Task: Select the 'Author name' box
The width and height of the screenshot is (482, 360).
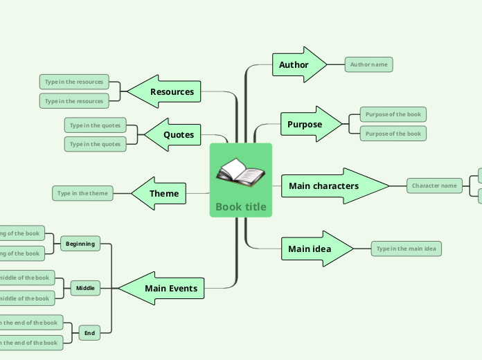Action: (x=368, y=64)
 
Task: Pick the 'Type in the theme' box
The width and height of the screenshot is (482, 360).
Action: (x=82, y=193)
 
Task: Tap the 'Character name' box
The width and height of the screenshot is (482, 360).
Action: (x=434, y=186)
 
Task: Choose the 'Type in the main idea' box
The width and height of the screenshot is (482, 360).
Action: (x=406, y=249)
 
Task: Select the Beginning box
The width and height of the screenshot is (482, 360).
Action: (x=80, y=244)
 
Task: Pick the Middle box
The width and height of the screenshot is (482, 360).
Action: (x=85, y=287)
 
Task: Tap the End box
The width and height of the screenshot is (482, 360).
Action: (x=89, y=334)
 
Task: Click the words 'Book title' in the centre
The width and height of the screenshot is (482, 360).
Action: (x=240, y=206)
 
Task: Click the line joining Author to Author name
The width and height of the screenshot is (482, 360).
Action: (x=336, y=64)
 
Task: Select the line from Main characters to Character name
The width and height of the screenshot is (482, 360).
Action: (x=398, y=186)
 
